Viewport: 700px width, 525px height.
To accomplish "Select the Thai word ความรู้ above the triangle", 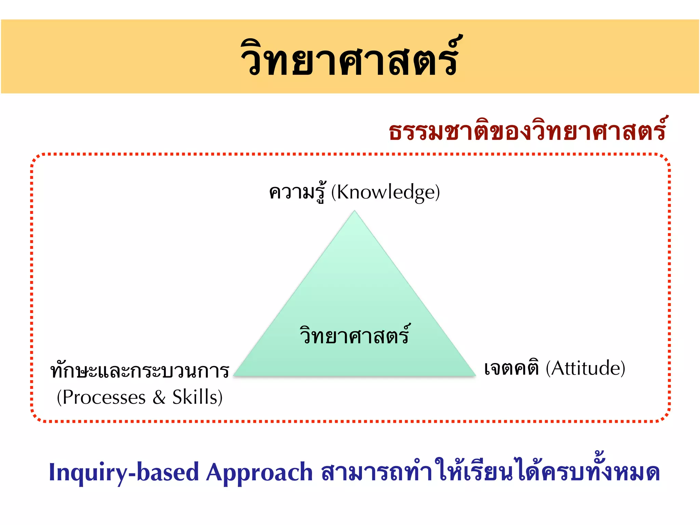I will point(297,192).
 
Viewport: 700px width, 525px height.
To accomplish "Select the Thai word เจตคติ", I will point(512,368).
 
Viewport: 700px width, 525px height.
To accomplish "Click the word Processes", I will point(104,398).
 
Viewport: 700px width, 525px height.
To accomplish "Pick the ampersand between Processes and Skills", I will point(159,398).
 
